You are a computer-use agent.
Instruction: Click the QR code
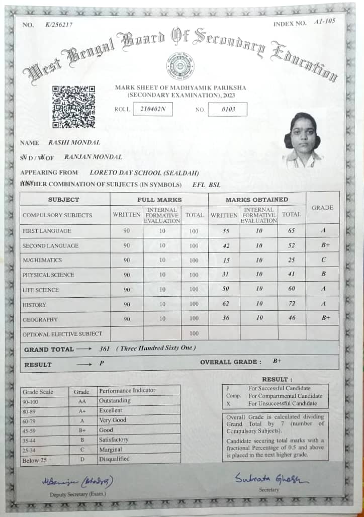(x=74, y=106)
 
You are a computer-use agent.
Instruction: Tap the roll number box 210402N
(x=153, y=109)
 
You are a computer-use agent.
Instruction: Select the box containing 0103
(x=228, y=109)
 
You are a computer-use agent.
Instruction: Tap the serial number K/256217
(x=58, y=24)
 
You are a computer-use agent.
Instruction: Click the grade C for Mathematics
(x=323, y=260)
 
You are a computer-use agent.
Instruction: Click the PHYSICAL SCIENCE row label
(x=48, y=275)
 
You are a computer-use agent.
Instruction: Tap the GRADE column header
(x=322, y=207)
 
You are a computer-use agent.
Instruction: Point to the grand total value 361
(x=105, y=349)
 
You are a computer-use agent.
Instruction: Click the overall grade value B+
(x=277, y=361)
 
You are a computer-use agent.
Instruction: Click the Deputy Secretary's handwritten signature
(x=77, y=481)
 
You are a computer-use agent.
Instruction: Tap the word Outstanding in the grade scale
(x=115, y=401)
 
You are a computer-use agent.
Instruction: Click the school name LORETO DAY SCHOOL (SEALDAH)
(x=140, y=173)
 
